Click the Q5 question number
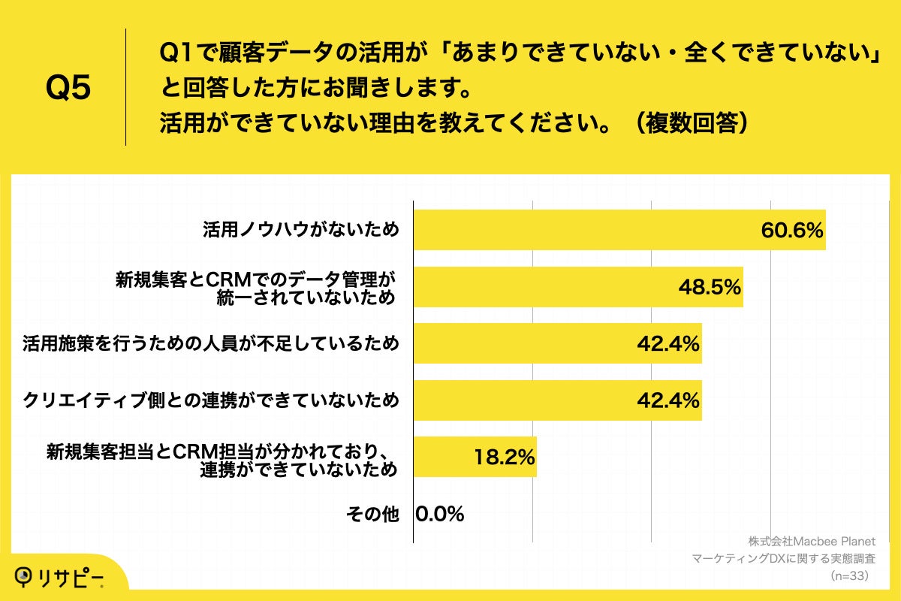tap(68, 88)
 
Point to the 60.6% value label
tap(792, 230)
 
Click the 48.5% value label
tap(710, 287)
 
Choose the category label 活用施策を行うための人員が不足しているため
tap(210, 344)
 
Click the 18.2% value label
tap(503, 457)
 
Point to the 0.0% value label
tap(440, 514)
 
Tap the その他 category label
tap(372, 514)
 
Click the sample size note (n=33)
tap(849, 576)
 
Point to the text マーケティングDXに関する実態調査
tap(784, 559)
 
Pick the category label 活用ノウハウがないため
tap(300, 230)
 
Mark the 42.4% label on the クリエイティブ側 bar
tap(668, 400)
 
